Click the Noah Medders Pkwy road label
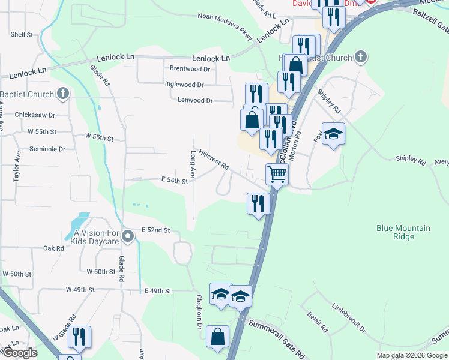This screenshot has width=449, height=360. (x=226, y=22)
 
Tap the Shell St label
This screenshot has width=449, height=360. (x=21, y=35)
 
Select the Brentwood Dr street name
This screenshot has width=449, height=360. (x=190, y=69)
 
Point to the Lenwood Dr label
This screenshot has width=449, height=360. (x=195, y=100)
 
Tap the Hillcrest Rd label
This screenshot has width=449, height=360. (x=214, y=160)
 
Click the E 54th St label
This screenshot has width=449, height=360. (x=175, y=180)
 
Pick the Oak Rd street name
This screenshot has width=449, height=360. (x=53, y=248)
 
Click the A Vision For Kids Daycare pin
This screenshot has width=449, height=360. (x=127, y=238)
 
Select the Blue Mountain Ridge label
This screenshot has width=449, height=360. (x=403, y=232)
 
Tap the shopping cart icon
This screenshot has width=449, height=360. (x=277, y=174)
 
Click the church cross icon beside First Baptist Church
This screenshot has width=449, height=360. (x=360, y=58)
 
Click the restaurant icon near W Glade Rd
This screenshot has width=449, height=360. (x=79, y=337)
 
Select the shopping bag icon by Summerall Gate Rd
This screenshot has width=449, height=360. (x=217, y=337)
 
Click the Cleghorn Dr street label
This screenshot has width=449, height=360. (x=198, y=312)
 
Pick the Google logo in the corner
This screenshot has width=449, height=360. (x=19, y=353)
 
